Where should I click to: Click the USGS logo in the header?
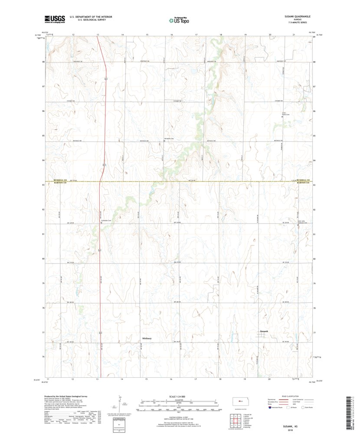54,19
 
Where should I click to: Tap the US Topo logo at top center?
179,20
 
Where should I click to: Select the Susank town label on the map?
264,332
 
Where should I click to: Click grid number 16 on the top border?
172,34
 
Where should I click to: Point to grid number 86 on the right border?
314,111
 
